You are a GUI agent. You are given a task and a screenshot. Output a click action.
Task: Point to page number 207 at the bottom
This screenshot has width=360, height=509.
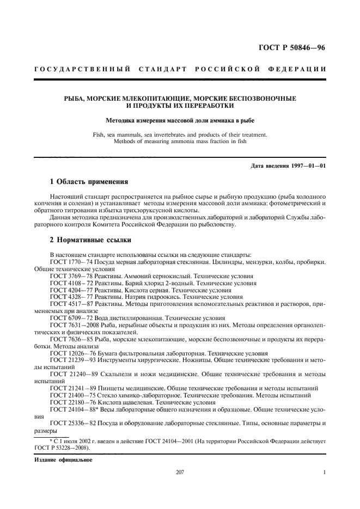[180, 472]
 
